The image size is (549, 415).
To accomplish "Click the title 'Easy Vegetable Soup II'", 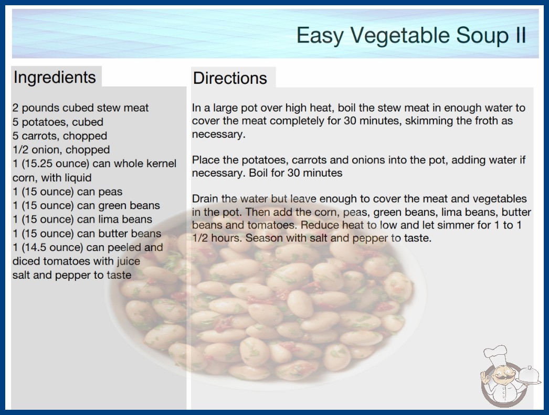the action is (411, 35).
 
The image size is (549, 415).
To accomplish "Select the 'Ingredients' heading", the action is (55, 77).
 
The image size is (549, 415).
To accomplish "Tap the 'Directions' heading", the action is (230, 78).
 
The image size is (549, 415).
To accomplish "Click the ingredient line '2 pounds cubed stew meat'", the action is (80, 108).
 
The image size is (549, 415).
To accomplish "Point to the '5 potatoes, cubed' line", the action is (58, 122).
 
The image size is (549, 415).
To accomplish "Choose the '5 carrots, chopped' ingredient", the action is (60, 136).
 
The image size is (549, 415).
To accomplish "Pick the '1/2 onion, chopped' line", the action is (61, 150).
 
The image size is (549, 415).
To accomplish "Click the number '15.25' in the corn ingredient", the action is (38, 163).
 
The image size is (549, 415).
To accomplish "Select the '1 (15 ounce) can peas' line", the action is (68, 192).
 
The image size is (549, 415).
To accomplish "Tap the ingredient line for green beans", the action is (86, 205).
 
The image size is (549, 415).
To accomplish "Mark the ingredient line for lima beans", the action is (82, 219).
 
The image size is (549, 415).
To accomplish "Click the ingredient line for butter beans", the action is (87, 233).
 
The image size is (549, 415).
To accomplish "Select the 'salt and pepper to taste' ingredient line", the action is (72, 275).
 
